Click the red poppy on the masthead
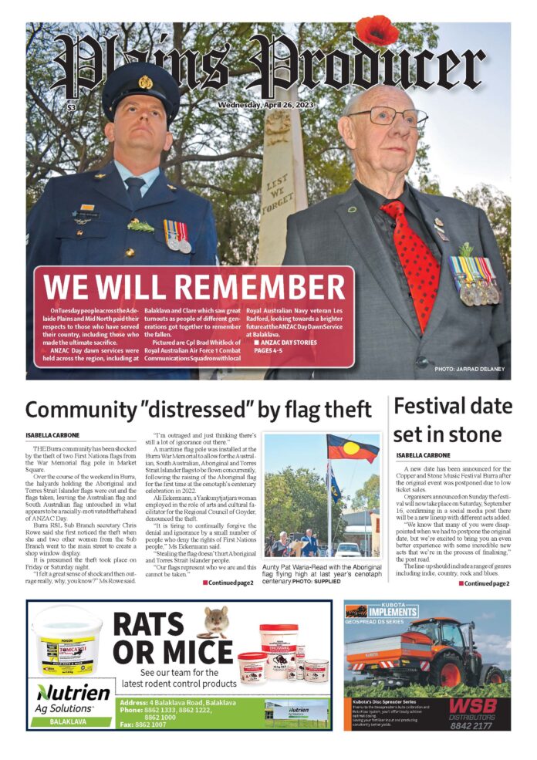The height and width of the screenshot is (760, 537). [x=377, y=31]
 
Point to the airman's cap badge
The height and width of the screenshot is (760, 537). [x=144, y=82]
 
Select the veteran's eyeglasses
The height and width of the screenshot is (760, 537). [x=386, y=117]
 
